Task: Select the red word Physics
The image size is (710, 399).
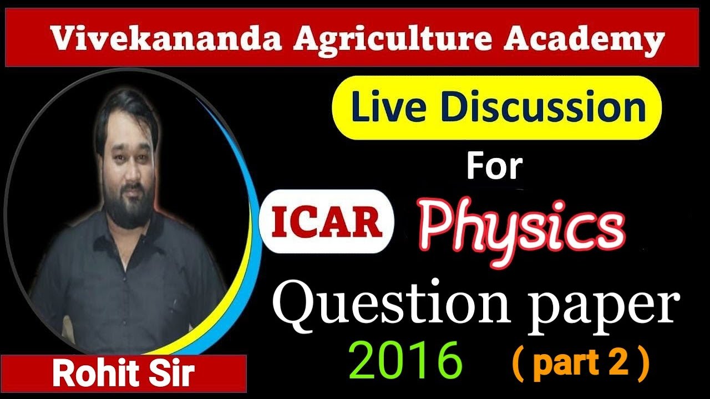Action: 521,227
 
